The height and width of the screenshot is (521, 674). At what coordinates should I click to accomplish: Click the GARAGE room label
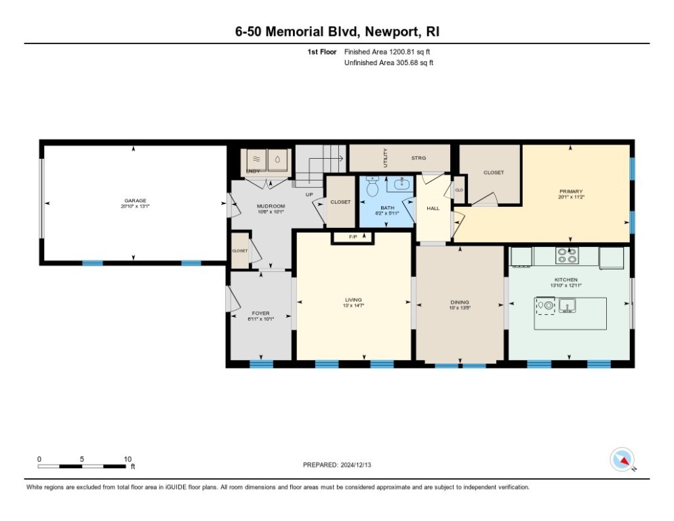tap(135, 200)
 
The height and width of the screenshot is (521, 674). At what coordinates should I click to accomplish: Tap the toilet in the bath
tap(372, 188)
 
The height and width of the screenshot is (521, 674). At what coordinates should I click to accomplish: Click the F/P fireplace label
tap(353, 237)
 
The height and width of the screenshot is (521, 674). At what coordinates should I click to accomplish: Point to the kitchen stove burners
tap(567, 256)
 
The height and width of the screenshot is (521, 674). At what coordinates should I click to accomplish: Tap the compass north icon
tap(621, 460)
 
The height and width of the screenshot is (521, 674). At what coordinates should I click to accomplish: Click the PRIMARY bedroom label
tap(571, 191)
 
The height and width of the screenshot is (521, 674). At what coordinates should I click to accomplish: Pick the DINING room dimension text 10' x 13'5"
tap(460, 307)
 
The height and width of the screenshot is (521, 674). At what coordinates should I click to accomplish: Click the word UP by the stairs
tap(309, 194)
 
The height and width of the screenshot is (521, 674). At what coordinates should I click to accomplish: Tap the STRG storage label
tap(418, 158)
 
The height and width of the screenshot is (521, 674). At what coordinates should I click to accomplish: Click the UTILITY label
tap(385, 158)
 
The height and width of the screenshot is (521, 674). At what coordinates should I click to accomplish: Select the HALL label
tap(433, 208)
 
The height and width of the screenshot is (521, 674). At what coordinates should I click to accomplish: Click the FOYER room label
tap(260, 313)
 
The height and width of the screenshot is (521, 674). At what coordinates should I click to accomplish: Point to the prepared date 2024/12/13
tap(336, 465)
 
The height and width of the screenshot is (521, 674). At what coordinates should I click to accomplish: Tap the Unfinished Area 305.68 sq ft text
tap(389, 62)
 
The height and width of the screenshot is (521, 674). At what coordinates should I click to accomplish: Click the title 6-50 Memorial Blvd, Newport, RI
tap(337, 32)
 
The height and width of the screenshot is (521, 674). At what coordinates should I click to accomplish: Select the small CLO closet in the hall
tap(458, 190)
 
